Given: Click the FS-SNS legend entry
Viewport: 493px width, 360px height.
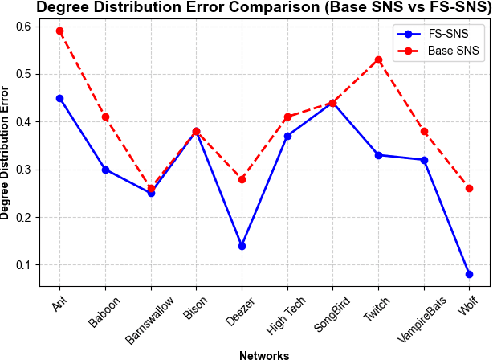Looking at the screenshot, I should [x=438, y=35].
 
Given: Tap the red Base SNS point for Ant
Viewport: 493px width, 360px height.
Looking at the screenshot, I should [x=59, y=31].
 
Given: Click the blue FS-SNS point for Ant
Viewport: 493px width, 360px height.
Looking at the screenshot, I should [x=59, y=98].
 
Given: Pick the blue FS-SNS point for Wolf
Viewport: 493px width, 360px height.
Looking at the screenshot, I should [x=469, y=274].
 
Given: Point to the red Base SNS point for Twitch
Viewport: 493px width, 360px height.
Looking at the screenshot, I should [x=378, y=59].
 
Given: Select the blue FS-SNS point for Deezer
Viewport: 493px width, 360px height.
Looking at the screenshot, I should [x=242, y=246].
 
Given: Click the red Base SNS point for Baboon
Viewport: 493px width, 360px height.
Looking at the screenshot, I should [x=105, y=117].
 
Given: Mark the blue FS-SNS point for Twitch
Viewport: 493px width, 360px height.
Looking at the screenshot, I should [x=378, y=155].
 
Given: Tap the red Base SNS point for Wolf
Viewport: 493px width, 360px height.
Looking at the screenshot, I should [x=469, y=189].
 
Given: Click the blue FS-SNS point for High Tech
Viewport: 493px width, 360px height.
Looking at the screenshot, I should [x=287, y=136].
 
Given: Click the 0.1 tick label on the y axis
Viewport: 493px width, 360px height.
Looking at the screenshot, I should [x=27, y=265].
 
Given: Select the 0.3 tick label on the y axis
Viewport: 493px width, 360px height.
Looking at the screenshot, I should [x=27, y=170].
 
